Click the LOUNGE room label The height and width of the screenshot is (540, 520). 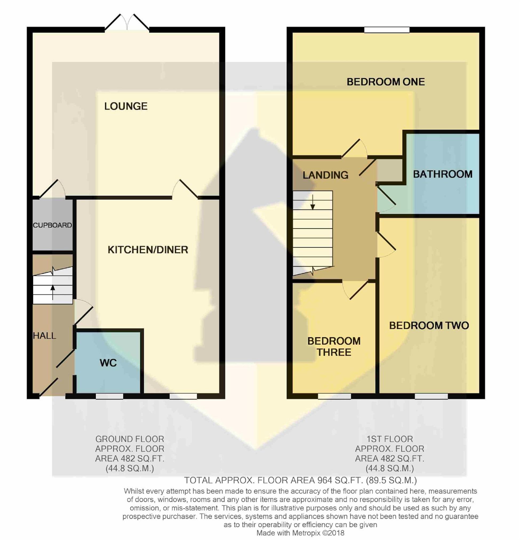pyautogui.click(x=126, y=106)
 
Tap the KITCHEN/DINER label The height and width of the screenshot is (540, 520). pyautogui.click(x=148, y=250)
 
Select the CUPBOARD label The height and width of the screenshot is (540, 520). pyautogui.click(x=52, y=225)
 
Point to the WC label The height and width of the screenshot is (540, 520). pyautogui.click(x=108, y=363)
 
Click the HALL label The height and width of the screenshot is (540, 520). pyautogui.click(x=44, y=335)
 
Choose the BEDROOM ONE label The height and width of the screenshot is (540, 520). pyautogui.click(x=386, y=82)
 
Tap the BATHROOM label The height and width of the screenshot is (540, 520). pyautogui.click(x=443, y=174)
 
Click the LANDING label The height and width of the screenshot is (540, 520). pyautogui.click(x=325, y=175)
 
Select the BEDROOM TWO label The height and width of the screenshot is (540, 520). pyautogui.click(x=429, y=326)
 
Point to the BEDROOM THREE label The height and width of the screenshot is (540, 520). pyautogui.click(x=334, y=347)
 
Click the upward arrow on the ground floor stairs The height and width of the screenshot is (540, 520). pyautogui.click(x=53, y=292)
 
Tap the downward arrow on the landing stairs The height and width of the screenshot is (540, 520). pyautogui.click(x=313, y=202)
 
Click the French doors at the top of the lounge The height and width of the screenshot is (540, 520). pyautogui.click(x=127, y=22)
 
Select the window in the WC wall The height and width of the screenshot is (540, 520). pyautogui.click(x=109, y=396)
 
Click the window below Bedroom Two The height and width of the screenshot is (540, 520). pyautogui.click(x=431, y=396)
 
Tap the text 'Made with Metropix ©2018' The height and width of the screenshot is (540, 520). pyautogui.click(x=300, y=533)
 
